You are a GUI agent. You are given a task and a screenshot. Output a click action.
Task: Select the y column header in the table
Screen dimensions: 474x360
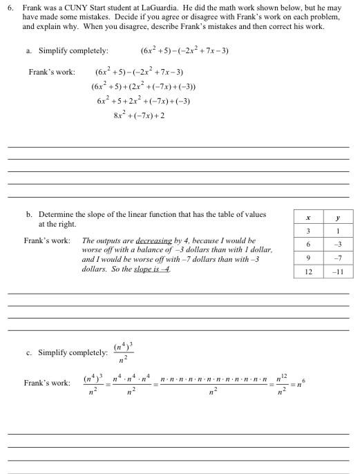point(339,218)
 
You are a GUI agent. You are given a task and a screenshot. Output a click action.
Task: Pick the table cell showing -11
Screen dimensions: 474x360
point(339,272)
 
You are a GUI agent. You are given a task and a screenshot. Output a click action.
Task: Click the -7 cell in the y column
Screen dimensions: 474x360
point(339,258)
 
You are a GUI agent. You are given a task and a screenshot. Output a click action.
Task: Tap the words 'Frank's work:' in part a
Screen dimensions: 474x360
point(51,72)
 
